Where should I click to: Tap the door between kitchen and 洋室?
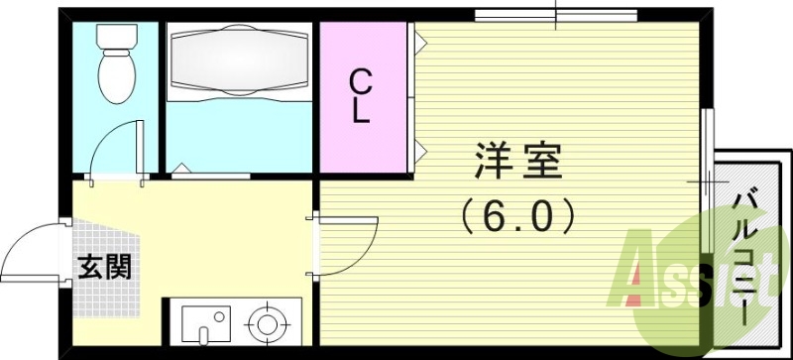coord(347,243)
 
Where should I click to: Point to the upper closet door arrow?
coord(420,43)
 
